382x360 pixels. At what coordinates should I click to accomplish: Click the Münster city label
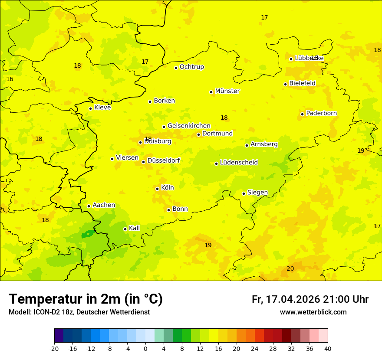227,91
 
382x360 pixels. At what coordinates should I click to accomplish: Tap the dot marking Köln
157,189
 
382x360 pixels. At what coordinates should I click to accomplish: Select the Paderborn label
321,113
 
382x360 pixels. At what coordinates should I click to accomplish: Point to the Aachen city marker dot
89,206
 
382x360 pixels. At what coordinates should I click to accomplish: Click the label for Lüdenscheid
239,163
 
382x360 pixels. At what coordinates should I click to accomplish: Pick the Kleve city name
102,108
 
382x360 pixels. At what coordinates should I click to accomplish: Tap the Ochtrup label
191,67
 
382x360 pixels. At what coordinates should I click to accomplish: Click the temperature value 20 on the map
290,268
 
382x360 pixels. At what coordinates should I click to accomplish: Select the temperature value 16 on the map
10,79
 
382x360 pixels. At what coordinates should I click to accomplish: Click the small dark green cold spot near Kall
88,234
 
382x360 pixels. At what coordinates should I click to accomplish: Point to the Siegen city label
257,193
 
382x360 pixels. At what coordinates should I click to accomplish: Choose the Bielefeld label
302,83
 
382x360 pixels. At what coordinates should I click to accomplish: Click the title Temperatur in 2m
86,299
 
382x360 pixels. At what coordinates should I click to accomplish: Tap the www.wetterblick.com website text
313,312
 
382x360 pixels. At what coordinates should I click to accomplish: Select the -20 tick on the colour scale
54,348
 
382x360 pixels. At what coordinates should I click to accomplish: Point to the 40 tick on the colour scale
328,348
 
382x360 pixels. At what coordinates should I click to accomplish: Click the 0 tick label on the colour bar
145,348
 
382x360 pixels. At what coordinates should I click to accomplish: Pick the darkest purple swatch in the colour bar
59,335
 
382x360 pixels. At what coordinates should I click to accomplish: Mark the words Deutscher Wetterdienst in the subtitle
112,312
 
